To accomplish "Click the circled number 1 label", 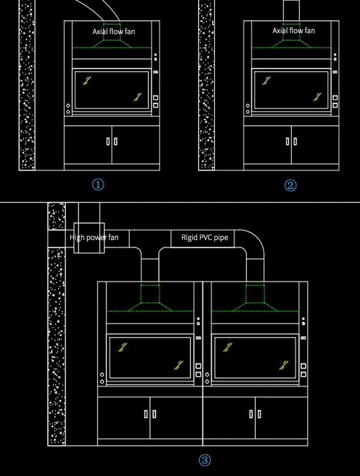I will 98,185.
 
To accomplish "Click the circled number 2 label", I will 290,185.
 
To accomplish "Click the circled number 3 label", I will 205,461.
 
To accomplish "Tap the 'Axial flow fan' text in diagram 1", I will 114,31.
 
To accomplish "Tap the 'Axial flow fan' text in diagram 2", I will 294,31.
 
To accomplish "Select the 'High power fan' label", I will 94,238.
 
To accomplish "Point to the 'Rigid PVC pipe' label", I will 204,238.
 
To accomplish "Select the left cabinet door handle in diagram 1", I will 108,142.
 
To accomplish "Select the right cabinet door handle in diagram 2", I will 295,142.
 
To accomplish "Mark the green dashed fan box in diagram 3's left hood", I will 150,293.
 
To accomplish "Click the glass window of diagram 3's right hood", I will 254,357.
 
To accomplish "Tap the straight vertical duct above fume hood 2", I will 292,10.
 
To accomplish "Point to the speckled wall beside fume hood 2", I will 206,86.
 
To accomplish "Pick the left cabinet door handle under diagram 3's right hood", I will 251,414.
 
